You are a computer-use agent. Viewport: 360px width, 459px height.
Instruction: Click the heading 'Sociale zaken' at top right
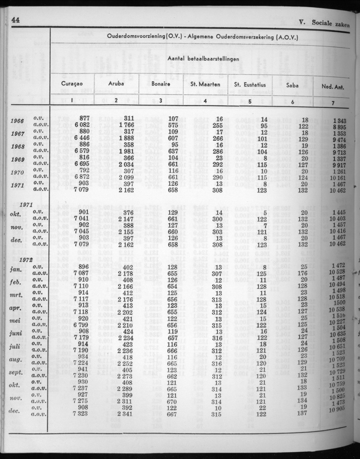point(330,24)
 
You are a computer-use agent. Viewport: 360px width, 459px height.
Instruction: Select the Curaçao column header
point(72,84)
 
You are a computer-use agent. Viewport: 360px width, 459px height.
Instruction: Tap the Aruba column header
point(116,84)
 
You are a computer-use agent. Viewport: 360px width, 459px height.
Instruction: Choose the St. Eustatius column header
point(249,85)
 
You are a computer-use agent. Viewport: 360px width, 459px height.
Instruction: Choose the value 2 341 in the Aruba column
point(124,414)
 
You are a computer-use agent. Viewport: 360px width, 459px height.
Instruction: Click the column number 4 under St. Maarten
point(205,101)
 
